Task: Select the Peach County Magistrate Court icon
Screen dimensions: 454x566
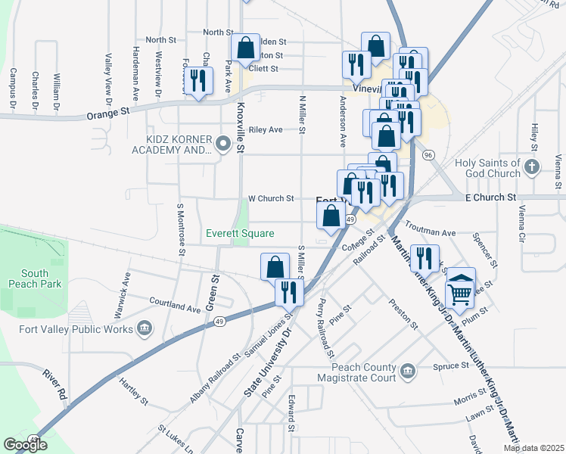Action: tap(408, 371)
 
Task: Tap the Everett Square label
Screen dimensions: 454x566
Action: tap(241, 233)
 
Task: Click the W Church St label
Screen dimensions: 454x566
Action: tap(272, 199)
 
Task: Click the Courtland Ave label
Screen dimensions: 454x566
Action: tap(176, 306)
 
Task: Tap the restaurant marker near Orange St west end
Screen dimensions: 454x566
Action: tap(198, 80)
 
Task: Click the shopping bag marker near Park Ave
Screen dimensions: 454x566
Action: tap(246, 48)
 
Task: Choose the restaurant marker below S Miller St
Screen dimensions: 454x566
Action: tap(288, 291)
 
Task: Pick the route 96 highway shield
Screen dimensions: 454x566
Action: tap(428, 155)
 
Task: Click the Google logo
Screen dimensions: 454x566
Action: tap(26, 445)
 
